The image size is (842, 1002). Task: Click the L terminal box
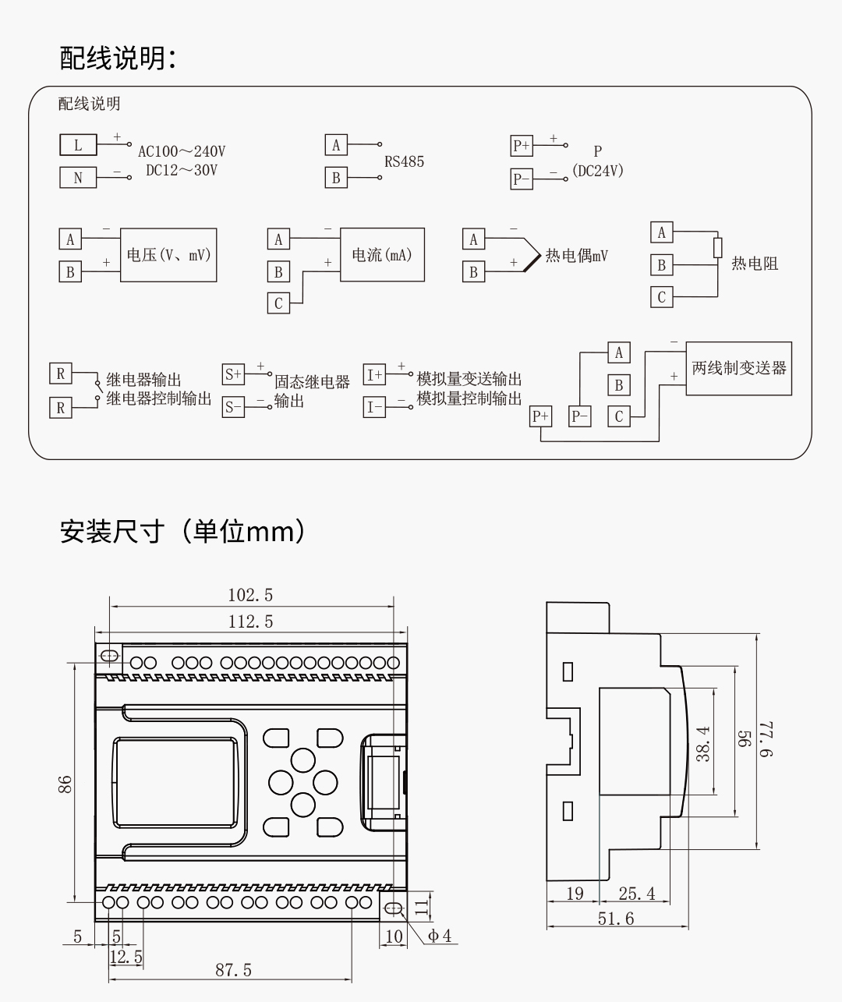coord(78,145)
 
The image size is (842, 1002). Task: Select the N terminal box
coord(78,178)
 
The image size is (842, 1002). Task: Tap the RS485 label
coord(404,162)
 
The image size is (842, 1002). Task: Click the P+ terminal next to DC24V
coord(521,146)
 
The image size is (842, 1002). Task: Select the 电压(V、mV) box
coord(168,255)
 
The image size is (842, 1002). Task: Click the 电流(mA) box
coord(382,255)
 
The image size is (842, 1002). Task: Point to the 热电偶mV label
coord(576,256)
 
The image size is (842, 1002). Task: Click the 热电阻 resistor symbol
coord(717,248)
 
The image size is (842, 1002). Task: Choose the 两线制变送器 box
coord(738,368)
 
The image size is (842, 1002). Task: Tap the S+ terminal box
coord(233,374)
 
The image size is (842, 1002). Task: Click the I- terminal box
coord(374,407)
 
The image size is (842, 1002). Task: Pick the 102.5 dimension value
coord(250,596)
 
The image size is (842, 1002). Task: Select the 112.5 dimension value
coord(250,621)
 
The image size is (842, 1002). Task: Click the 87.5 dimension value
coord(234,970)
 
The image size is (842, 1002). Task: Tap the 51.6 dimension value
coord(616,919)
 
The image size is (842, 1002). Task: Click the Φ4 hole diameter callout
coord(439,936)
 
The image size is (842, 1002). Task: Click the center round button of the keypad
coord(302,781)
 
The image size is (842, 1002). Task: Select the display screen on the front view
coord(176,781)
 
